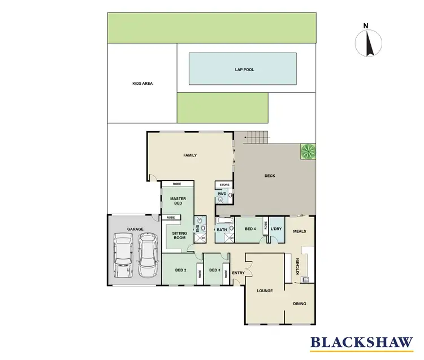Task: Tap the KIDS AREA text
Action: coord(142,83)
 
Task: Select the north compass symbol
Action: coord(368,42)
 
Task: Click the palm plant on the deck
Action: coord(308,151)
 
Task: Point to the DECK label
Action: coord(270,176)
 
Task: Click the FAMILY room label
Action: coord(189,155)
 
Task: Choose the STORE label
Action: coord(224,185)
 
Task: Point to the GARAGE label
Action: coord(135,229)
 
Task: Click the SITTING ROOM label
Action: coord(179,236)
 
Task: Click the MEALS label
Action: coord(300,232)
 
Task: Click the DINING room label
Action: coord(300,303)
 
